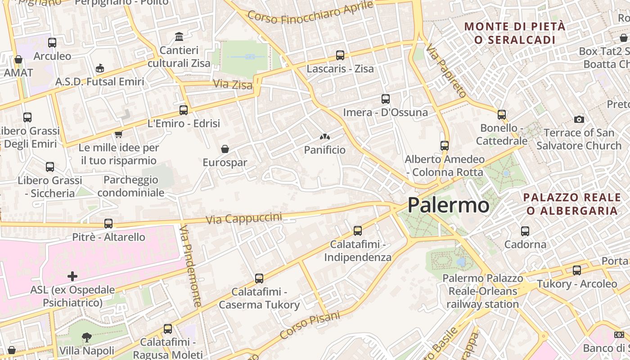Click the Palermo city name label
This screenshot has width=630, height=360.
[x=448, y=205]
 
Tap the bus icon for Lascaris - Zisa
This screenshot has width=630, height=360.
[x=340, y=55]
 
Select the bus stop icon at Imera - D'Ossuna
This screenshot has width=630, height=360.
[x=386, y=99]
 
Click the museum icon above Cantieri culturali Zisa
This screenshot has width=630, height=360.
[x=179, y=36]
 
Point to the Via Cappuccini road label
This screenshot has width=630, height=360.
[x=244, y=219]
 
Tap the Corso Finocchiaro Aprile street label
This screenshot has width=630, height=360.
[x=310, y=12]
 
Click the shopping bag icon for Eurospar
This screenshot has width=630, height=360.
[x=225, y=149]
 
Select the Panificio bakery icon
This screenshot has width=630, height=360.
[x=324, y=136]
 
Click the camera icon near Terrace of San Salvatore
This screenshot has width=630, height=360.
[x=579, y=119]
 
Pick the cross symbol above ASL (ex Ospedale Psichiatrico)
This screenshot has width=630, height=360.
[x=72, y=276]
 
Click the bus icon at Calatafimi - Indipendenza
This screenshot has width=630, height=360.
[x=358, y=231]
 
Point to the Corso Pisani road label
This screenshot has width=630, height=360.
[x=310, y=325]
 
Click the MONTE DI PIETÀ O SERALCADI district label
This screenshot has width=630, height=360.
[x=515, y=33]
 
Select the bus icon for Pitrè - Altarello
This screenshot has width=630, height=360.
[x=108, y=224]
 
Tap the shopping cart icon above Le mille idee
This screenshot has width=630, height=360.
[x=118, y=134]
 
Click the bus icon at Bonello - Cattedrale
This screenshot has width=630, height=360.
[x=502, y=115]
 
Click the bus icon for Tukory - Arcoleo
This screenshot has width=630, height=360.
[x=577, y=270]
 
